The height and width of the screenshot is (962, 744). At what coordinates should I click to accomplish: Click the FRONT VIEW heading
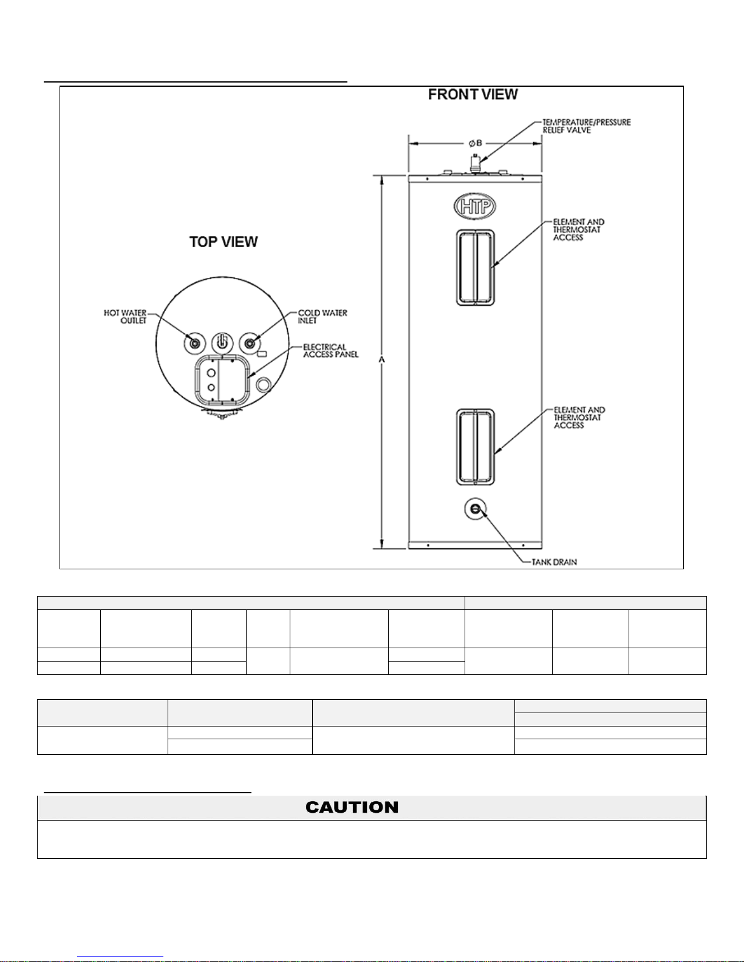473,94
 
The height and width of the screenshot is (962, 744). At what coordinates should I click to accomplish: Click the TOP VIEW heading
224,242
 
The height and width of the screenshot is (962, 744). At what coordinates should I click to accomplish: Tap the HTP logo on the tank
475,206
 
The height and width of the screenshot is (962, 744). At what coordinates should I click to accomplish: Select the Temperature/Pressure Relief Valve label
587,126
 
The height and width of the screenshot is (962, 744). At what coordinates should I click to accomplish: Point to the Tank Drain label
554,562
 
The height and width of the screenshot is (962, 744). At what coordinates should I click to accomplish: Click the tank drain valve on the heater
475,509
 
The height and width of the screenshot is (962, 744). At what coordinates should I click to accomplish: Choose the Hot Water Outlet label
125,317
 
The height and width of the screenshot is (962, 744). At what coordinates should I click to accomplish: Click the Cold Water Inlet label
323,317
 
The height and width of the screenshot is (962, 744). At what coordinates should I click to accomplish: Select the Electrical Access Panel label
331,351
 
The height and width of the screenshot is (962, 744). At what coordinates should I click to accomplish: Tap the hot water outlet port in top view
195,344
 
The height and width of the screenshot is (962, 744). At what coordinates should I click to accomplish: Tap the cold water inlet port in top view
250,344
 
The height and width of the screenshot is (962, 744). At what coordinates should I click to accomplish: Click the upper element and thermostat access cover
475,268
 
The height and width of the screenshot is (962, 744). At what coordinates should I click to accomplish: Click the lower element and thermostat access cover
475,447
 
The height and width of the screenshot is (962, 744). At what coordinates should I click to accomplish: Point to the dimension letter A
382,360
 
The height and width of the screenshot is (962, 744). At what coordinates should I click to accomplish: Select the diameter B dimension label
475,143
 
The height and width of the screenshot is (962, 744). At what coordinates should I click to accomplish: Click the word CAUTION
352,807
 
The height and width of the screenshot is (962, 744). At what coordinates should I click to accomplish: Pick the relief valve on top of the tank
475,163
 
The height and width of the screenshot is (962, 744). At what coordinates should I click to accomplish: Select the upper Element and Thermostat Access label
579,229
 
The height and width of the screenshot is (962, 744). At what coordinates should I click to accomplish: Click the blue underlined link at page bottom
120,957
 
